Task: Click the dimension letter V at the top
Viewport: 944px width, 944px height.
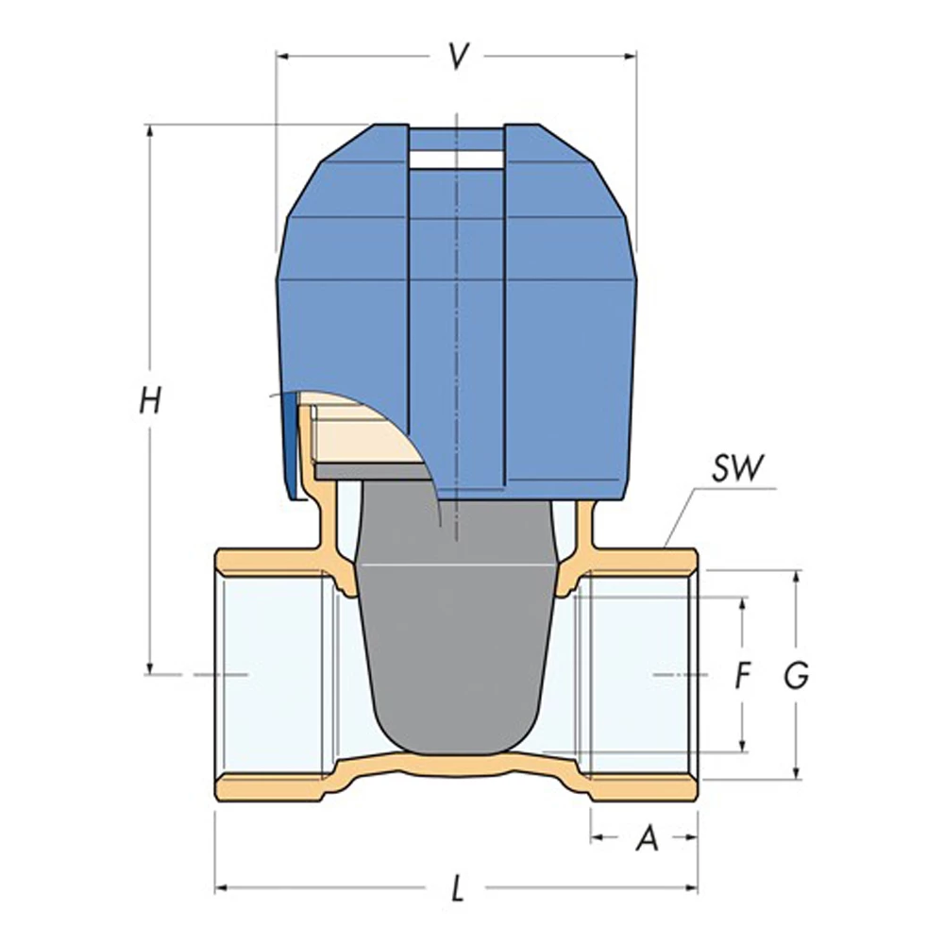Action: click(x=458, y=57)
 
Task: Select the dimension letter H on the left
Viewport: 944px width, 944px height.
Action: click(x=150, y=402)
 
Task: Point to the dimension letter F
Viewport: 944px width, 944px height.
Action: click(x=744, y=676)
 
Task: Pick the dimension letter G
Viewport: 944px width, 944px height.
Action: click(x=797, y=676)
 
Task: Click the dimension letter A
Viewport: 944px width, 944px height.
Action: click(x=647, y=837)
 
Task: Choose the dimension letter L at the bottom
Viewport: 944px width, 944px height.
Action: click(x=458, y=888)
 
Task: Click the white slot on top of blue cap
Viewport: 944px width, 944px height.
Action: click(x=456, y=160)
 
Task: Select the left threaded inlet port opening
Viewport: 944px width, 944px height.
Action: click(x=274, y=674)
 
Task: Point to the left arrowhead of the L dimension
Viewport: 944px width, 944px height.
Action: click(x=220, y=887)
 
